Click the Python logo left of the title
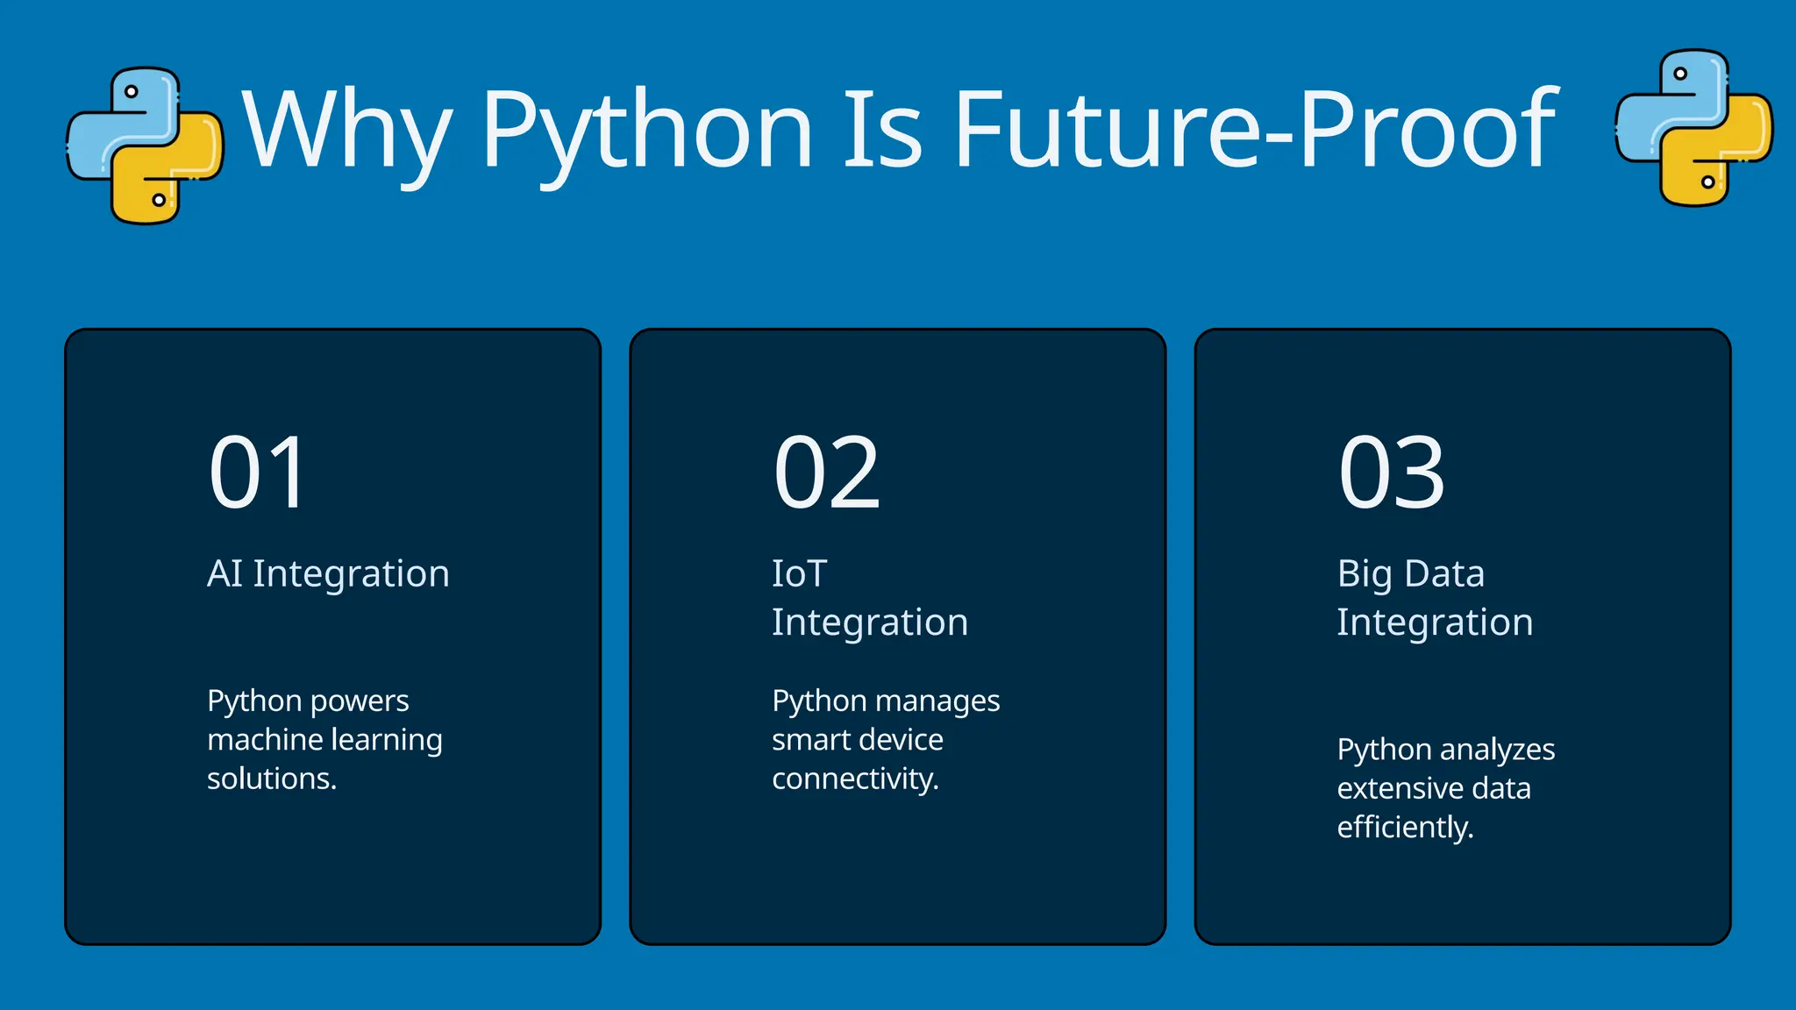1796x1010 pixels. click(145, 145)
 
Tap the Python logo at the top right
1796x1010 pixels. click(1693, 128)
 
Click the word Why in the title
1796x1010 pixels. click(347, 130)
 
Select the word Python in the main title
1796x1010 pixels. click(647, 130)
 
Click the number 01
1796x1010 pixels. click(258, 473)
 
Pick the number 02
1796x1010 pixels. click(826, 473)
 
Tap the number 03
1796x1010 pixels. click(1391, 473)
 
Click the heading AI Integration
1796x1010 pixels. click(328, 574)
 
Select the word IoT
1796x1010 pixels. click(799, 574)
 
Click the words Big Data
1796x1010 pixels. click(1410, 574)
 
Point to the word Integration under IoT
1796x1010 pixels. click(870, 622)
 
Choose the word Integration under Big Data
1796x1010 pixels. click(1435, 622)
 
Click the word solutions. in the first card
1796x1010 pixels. click(272, 779)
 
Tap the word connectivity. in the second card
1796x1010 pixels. click(855, 779)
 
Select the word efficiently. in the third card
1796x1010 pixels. click(1405, 827)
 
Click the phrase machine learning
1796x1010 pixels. click(324, 740)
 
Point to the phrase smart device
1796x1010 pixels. click(857, 740)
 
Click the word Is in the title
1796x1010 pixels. click(882, 130)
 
